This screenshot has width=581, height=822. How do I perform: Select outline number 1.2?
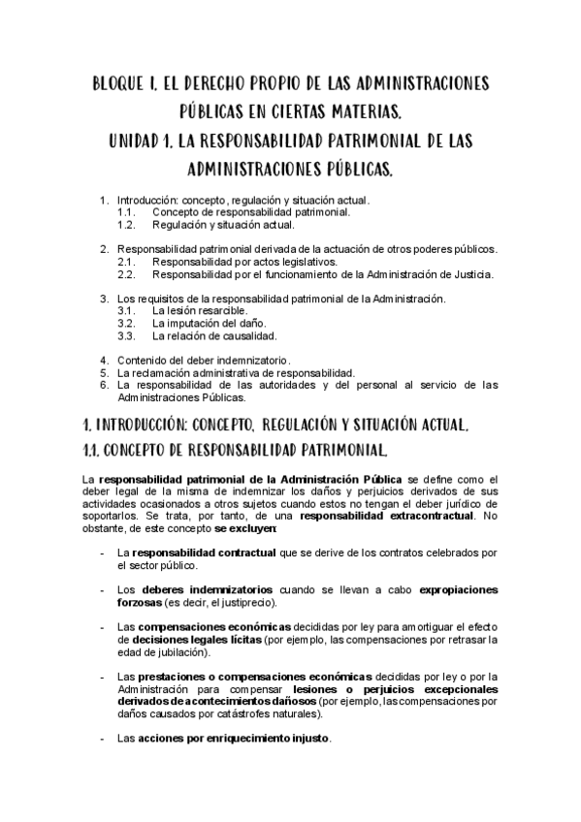(125, 225)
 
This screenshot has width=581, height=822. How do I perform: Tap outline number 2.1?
(125, 262)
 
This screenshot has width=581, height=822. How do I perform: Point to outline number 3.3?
(125, 336)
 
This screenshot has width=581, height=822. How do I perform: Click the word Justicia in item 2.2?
(469, 274)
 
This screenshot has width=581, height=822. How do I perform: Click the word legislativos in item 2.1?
(304, 262)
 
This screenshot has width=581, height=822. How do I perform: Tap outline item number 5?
(105, 373)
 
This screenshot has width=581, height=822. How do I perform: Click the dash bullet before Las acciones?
(104, 739)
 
